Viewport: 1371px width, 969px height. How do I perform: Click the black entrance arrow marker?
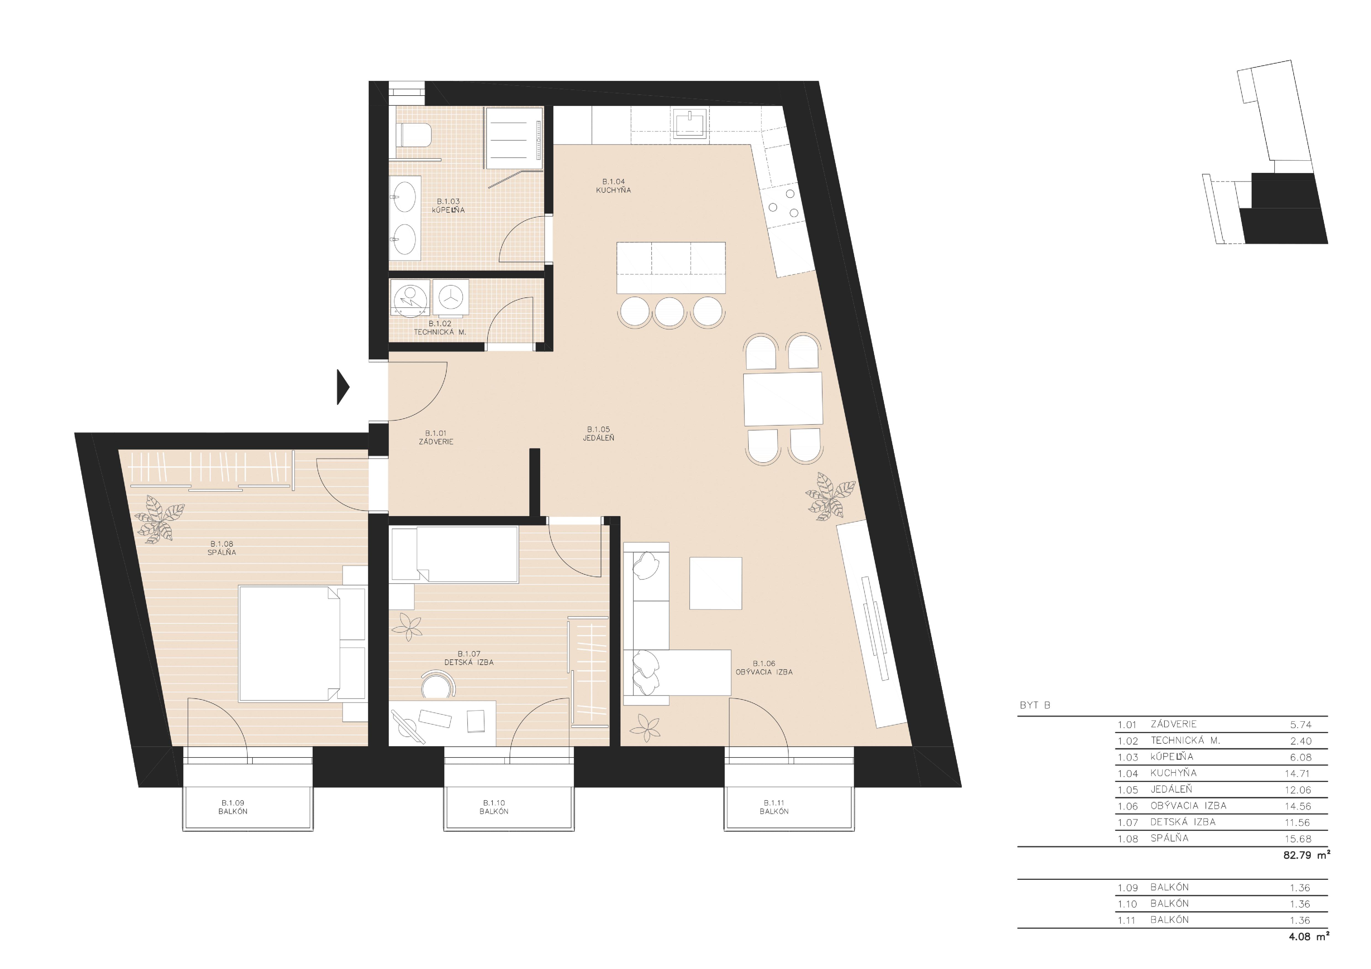click(343, 387)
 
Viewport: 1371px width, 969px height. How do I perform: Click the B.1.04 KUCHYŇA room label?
click(613, 186)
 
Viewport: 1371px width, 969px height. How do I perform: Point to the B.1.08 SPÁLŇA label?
click(222, 548)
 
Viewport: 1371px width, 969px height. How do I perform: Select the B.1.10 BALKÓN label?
click(494, 807)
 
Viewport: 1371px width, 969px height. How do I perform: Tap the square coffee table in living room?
click(715, 583)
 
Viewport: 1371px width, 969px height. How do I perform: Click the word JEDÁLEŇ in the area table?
click(1171, 789)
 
